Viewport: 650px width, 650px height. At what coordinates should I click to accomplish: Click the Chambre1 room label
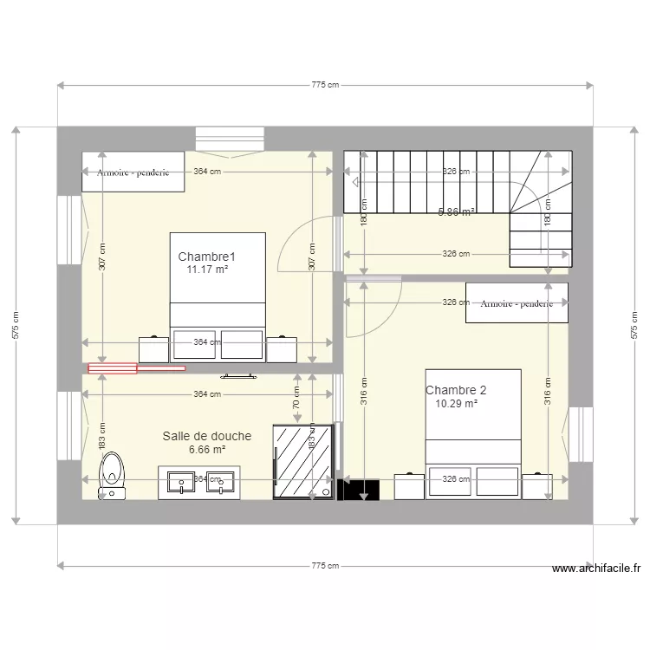coord(207,257)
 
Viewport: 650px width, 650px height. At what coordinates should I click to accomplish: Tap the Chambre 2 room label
coord(456,390)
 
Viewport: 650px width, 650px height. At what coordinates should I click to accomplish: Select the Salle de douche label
coord(207,436)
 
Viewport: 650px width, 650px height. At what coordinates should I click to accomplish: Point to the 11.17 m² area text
coord(207,270)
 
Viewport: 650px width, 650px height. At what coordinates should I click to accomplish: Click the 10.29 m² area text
coord(456,403)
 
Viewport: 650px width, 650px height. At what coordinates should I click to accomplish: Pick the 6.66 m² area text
coord(207,450)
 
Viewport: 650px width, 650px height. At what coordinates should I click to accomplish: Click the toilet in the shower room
coord(113,476)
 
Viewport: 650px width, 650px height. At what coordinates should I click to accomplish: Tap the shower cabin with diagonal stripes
coord(302,462)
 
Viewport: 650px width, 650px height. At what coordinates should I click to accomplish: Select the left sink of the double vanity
coord(182,482)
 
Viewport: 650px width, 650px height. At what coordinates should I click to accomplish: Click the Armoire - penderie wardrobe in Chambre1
coord(133,172)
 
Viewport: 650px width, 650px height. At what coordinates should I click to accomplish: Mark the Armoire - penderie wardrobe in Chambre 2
coord(517,302)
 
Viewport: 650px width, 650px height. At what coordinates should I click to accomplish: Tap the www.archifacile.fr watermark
coord(596,569)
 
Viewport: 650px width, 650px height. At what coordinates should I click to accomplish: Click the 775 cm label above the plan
coord(325,85)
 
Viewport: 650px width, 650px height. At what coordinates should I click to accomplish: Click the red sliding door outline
coord(135,368)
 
